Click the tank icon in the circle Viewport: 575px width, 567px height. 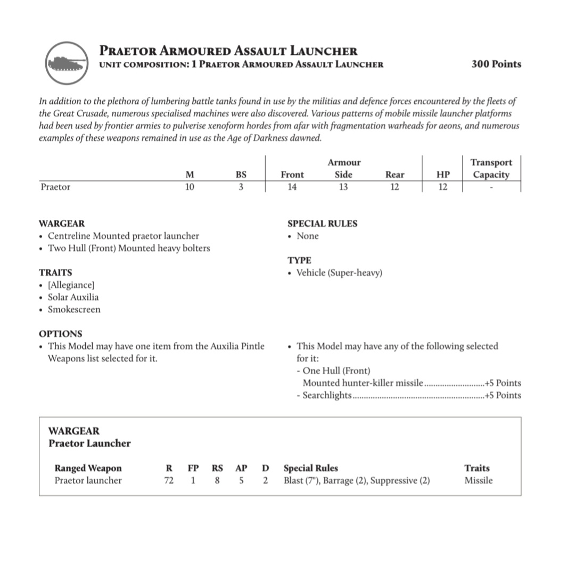(x=66, y=63)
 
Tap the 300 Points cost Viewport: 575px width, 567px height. (x=496, y=64)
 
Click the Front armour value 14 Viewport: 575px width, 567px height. (x=292, y=187)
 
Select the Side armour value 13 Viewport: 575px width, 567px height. (x=343, y=187)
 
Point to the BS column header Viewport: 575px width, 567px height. (x=241, y=175)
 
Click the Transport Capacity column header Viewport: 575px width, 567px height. (x=491, y=169)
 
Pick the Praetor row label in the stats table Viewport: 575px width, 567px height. (x=55, y=187)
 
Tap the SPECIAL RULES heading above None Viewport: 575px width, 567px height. (x=322, y=224)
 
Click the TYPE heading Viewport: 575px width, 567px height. (x=299, y=260)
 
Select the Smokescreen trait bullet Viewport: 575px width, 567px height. (x=74, y=309)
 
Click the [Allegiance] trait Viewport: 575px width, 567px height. (x=71, y=285)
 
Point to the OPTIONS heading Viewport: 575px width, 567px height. (x=61, y=334)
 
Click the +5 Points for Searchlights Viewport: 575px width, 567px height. (x=503, y=395)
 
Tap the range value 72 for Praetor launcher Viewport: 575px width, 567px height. (x=169, y=480)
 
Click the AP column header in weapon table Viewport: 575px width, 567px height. (x=241, y=468)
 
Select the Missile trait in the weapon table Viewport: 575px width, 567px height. (x=478, y=480)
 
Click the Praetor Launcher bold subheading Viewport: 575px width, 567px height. (x=89, y=443)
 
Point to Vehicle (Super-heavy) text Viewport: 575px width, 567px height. (x=339, y=273)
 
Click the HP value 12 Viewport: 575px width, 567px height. (x=442, y=187)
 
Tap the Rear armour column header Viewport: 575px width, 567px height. (x=395, y=175)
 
